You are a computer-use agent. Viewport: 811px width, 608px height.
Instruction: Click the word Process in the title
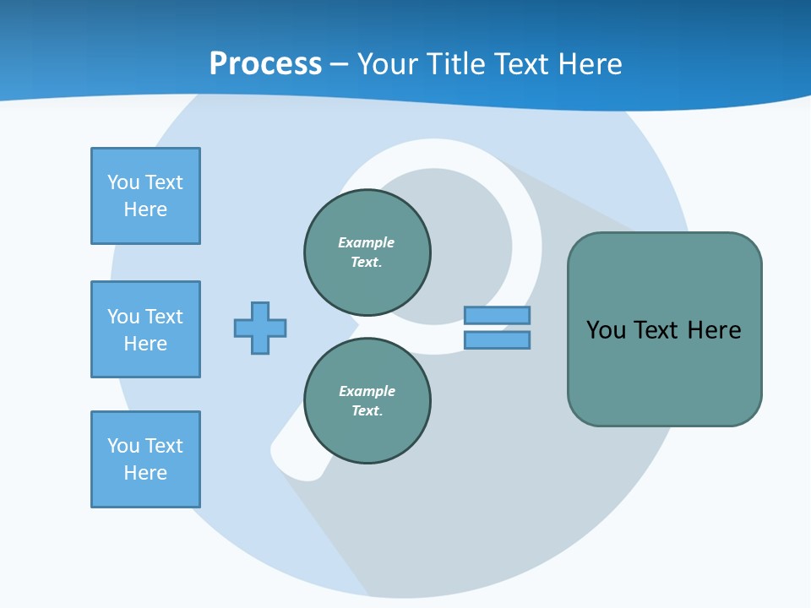pos(265,64)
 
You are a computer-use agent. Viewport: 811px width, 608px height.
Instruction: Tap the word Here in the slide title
pos(590,64)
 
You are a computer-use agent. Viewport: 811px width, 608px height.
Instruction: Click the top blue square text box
pos(145,196)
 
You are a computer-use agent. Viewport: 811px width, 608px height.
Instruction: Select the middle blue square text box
pos(145,329)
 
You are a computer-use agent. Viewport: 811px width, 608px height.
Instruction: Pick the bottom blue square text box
pos(145,459)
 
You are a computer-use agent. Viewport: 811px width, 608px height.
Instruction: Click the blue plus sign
pos(260,328)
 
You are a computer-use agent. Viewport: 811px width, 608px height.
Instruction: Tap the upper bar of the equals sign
pos(497,315)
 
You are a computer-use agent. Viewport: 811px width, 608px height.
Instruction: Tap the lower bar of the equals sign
pos(497,340)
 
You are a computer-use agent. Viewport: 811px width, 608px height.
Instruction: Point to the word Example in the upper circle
pos(367,242)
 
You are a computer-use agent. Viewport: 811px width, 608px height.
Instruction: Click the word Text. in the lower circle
pos(367,410)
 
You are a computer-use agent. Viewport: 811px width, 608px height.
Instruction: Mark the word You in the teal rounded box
pos(606,330)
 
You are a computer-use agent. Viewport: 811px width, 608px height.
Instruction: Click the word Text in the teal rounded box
pos(657,330)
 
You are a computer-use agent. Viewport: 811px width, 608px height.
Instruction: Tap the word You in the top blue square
pos(122,182)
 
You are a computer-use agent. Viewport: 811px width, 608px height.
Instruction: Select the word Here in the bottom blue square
pos(145,473)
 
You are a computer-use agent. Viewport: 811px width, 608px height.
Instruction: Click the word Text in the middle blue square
pos(163,317)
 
